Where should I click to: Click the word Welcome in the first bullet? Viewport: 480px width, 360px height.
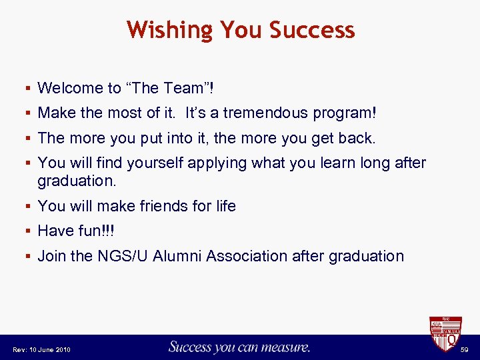point(69,88)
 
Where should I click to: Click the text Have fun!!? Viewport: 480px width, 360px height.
point(76,231)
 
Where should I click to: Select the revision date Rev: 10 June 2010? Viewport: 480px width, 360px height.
point(41,350)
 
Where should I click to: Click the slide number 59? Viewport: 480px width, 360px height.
point(465,350)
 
